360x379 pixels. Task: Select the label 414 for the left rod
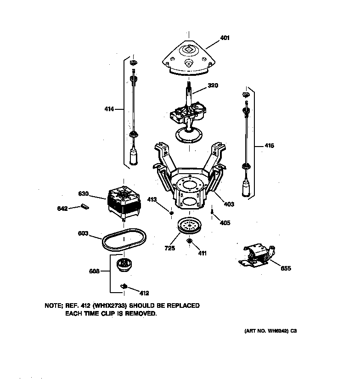[109, 109]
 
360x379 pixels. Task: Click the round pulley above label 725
[188, 226]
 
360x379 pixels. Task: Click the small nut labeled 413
[171, 212]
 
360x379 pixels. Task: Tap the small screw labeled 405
[212, 212]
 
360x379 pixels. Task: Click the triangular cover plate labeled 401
[188, 57]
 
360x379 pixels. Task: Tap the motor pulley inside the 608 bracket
[123, 265]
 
